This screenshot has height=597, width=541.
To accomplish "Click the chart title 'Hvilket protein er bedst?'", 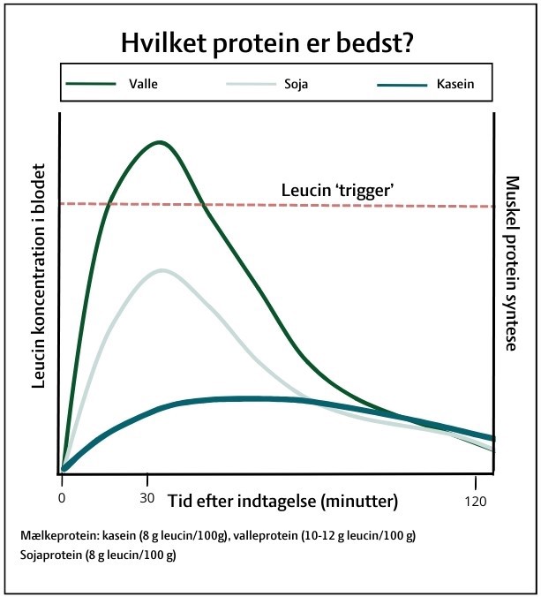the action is tap(267, 43).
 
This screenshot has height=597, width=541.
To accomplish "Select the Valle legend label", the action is tap(143, 84).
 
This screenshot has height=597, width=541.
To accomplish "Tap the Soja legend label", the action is tap(296, 84).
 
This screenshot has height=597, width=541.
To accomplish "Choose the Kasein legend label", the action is tap(455, 84).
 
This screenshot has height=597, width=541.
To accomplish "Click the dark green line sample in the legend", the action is tap(91, 84).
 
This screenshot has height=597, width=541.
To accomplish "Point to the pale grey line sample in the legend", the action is tap(251, 84).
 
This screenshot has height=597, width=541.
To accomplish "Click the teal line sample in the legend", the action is tap(402, 85).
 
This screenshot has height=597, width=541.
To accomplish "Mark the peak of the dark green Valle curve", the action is tap(160, 143).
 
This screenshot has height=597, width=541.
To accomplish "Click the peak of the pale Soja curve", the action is tap(162, 271).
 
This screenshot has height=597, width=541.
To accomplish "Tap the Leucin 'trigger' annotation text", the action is tap(337, 190).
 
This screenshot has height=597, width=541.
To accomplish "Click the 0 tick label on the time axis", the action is tap(62, 498).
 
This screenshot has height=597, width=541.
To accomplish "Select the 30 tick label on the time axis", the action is tap(147, 498).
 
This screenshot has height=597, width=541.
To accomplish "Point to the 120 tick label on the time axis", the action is tap(476, 502).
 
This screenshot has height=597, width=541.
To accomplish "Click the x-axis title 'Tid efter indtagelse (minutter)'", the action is tap(283, 501).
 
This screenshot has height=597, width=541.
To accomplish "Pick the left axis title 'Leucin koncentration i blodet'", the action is tap(39, 276).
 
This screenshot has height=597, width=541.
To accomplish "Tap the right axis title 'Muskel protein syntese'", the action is tap(512, 263).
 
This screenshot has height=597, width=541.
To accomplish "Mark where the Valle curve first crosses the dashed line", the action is tap(109, 204).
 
